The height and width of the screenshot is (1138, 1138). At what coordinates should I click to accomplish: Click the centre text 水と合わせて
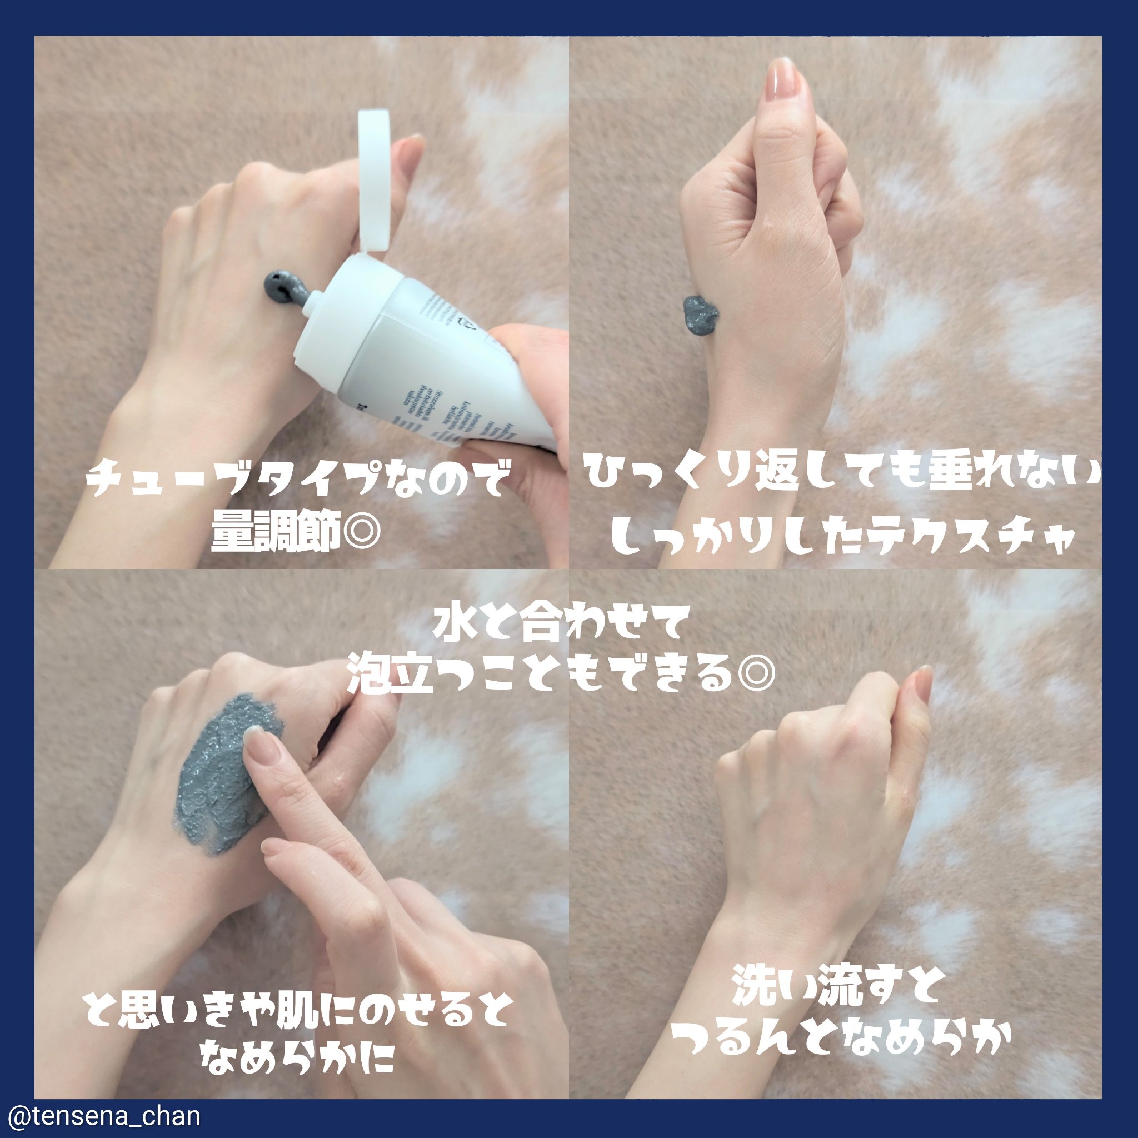(x=560, y=625)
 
